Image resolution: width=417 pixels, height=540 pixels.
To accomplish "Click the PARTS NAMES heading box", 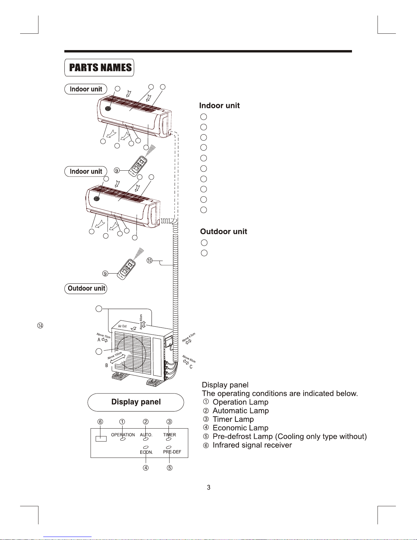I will (99, 67).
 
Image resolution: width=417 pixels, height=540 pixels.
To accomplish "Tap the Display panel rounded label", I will (136, 402).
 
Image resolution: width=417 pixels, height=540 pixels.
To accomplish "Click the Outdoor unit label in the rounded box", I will (86, 289).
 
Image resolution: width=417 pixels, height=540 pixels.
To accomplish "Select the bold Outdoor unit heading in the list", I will (223, 232).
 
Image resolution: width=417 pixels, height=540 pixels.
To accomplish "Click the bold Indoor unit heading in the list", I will (219, 106).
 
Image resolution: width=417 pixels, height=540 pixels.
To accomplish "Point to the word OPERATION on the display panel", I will (123, 435).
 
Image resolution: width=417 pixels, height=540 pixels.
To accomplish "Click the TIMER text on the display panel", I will (170, 435).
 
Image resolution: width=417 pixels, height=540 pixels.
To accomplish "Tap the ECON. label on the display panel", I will (146, 452).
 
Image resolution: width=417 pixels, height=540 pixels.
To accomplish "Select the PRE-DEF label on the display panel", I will (172, 452).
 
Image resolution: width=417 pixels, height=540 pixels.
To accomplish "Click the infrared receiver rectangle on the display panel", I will (101, 438).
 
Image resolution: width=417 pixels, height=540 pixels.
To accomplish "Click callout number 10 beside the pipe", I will (149, 261).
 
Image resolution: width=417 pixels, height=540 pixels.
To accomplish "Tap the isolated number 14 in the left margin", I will (40, 326).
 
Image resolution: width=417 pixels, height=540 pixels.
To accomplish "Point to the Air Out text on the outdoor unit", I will (122, 326).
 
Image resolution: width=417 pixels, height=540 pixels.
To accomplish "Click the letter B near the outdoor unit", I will (107, 366).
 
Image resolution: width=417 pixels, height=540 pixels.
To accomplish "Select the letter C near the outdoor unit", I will (191, 367).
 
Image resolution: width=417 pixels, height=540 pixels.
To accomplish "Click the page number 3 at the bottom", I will (209, 488).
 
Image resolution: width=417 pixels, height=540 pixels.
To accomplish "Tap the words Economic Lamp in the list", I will (240, 428).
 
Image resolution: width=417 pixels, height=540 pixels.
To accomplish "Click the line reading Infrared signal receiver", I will (252, 445).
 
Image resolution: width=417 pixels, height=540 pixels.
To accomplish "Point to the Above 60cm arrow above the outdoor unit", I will (144, 324).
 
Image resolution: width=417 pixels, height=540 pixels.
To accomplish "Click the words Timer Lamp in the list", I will (233, 419).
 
